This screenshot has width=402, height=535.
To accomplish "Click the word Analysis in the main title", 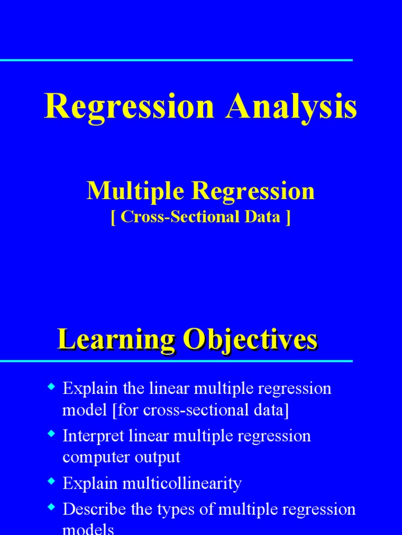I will (x=292, y=107).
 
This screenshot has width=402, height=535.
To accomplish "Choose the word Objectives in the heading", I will (x=248, y=341).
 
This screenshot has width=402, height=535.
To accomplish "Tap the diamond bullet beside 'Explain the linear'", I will (x=51, y=387).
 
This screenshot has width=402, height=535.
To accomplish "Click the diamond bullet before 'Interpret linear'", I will (x=51, y=434).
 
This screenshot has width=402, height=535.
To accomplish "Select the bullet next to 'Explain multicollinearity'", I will (x=51, y=481).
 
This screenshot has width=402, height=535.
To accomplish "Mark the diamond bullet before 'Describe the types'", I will (x=51, y=507).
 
